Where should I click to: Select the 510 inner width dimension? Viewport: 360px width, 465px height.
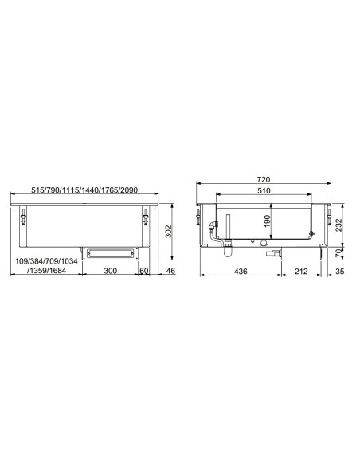point(264,192)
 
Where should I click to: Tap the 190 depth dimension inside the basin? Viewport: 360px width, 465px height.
point(268,219)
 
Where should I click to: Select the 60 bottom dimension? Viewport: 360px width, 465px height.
point(144,272)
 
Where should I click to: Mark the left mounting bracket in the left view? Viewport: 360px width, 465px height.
point(25,217)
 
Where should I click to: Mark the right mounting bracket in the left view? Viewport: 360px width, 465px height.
point(145,217)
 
